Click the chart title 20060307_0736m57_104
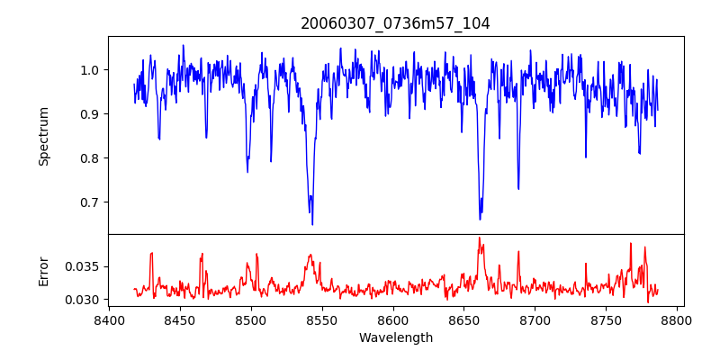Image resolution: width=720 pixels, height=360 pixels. [x=395, y=23]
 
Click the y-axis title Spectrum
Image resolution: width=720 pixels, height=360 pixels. [x=43, y=136]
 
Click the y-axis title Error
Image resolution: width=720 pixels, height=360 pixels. [x=43, y=271]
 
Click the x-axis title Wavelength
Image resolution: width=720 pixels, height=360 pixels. [x=395, y=338]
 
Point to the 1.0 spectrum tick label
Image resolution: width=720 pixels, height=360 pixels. [x=90, y=70]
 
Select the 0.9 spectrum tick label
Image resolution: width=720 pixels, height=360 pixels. [x=90, y=114]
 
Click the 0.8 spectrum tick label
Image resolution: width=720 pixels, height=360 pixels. [x=90, y=158]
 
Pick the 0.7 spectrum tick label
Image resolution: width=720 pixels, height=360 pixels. [x=90, y=202]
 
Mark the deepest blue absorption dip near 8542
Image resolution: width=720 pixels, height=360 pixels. [x=312, y=223]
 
